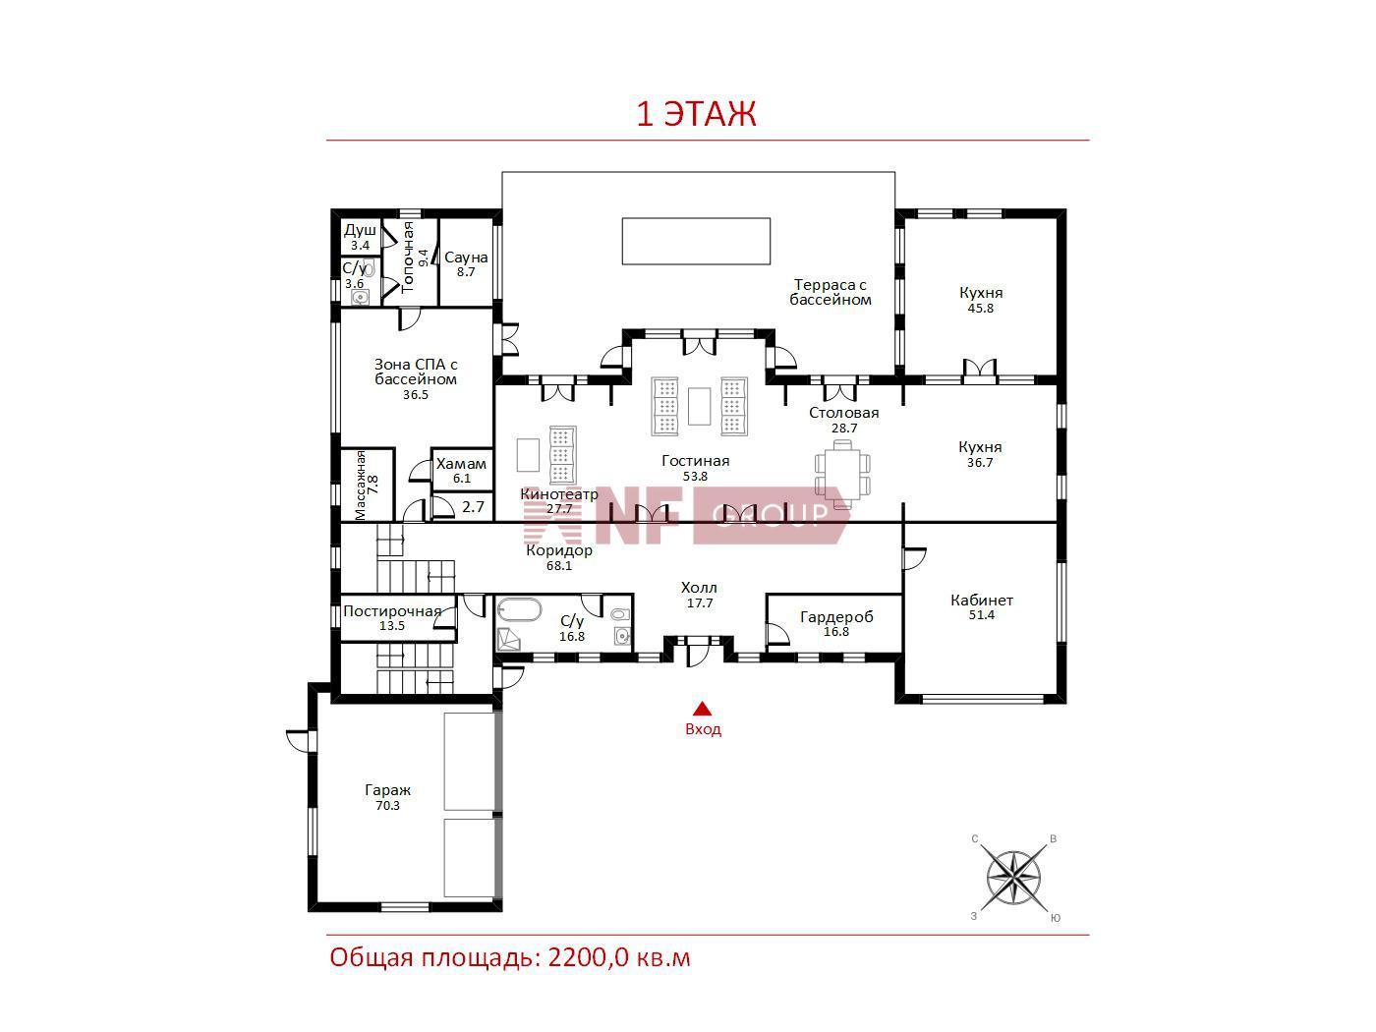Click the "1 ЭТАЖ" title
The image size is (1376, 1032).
coord(696,114)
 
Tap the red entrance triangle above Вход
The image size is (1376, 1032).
coord(702,708)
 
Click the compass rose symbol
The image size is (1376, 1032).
coord(1013,878)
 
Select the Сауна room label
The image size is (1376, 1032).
coord(466,257)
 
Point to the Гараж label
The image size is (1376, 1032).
coord(387,790)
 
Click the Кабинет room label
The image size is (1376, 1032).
coord(982,600)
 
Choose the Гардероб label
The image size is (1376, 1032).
coord(836,617)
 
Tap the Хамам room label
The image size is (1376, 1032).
coord(461,464)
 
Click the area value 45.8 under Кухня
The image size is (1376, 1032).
coord(981,309)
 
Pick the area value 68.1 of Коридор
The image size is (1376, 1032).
coord(558,566)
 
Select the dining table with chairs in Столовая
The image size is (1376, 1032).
coord(842,474)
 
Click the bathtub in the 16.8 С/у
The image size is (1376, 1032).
coord(518,609)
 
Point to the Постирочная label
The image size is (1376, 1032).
coord(392,611)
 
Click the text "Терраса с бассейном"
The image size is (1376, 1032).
coord(830,293)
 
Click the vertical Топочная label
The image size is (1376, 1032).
coord(408,257)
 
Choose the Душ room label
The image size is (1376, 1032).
coord(360,231)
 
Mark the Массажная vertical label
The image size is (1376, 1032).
coord(361,485)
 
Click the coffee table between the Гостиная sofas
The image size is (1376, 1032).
coord(699,406)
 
